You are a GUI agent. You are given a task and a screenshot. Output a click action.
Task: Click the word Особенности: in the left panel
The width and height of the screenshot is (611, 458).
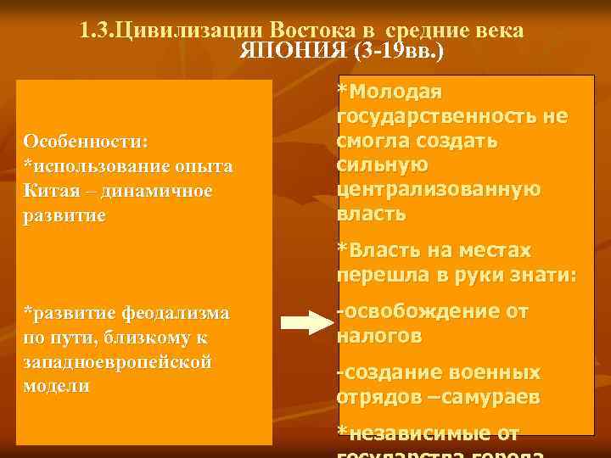click(86, 139)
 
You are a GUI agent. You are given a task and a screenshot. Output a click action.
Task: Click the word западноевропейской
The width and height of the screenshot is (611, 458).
click(118, 361)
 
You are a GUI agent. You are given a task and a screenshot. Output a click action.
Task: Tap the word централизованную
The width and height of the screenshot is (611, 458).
click(439, 188)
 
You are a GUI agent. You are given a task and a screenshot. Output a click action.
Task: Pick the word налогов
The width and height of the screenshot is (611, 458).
click(378, 337)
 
